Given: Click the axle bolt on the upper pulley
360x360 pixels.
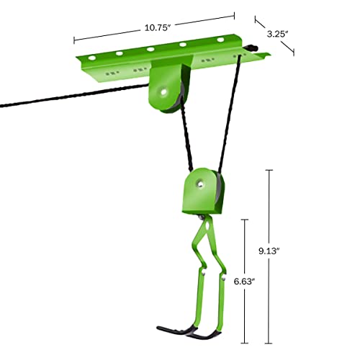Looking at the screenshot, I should point(166,91).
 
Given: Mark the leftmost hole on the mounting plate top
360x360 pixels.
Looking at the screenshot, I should point(91,56).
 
